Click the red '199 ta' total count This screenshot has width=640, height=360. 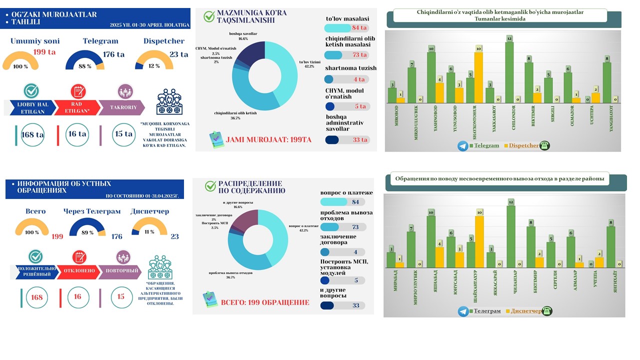pos(45,52)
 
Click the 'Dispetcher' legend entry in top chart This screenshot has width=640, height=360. pos(523,145)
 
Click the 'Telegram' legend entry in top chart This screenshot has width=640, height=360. pos(486,145)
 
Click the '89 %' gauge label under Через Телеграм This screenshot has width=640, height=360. pos(88,232)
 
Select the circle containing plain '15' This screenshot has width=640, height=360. pos(121,297)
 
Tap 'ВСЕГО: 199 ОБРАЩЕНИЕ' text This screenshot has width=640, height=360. pos(265,302)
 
